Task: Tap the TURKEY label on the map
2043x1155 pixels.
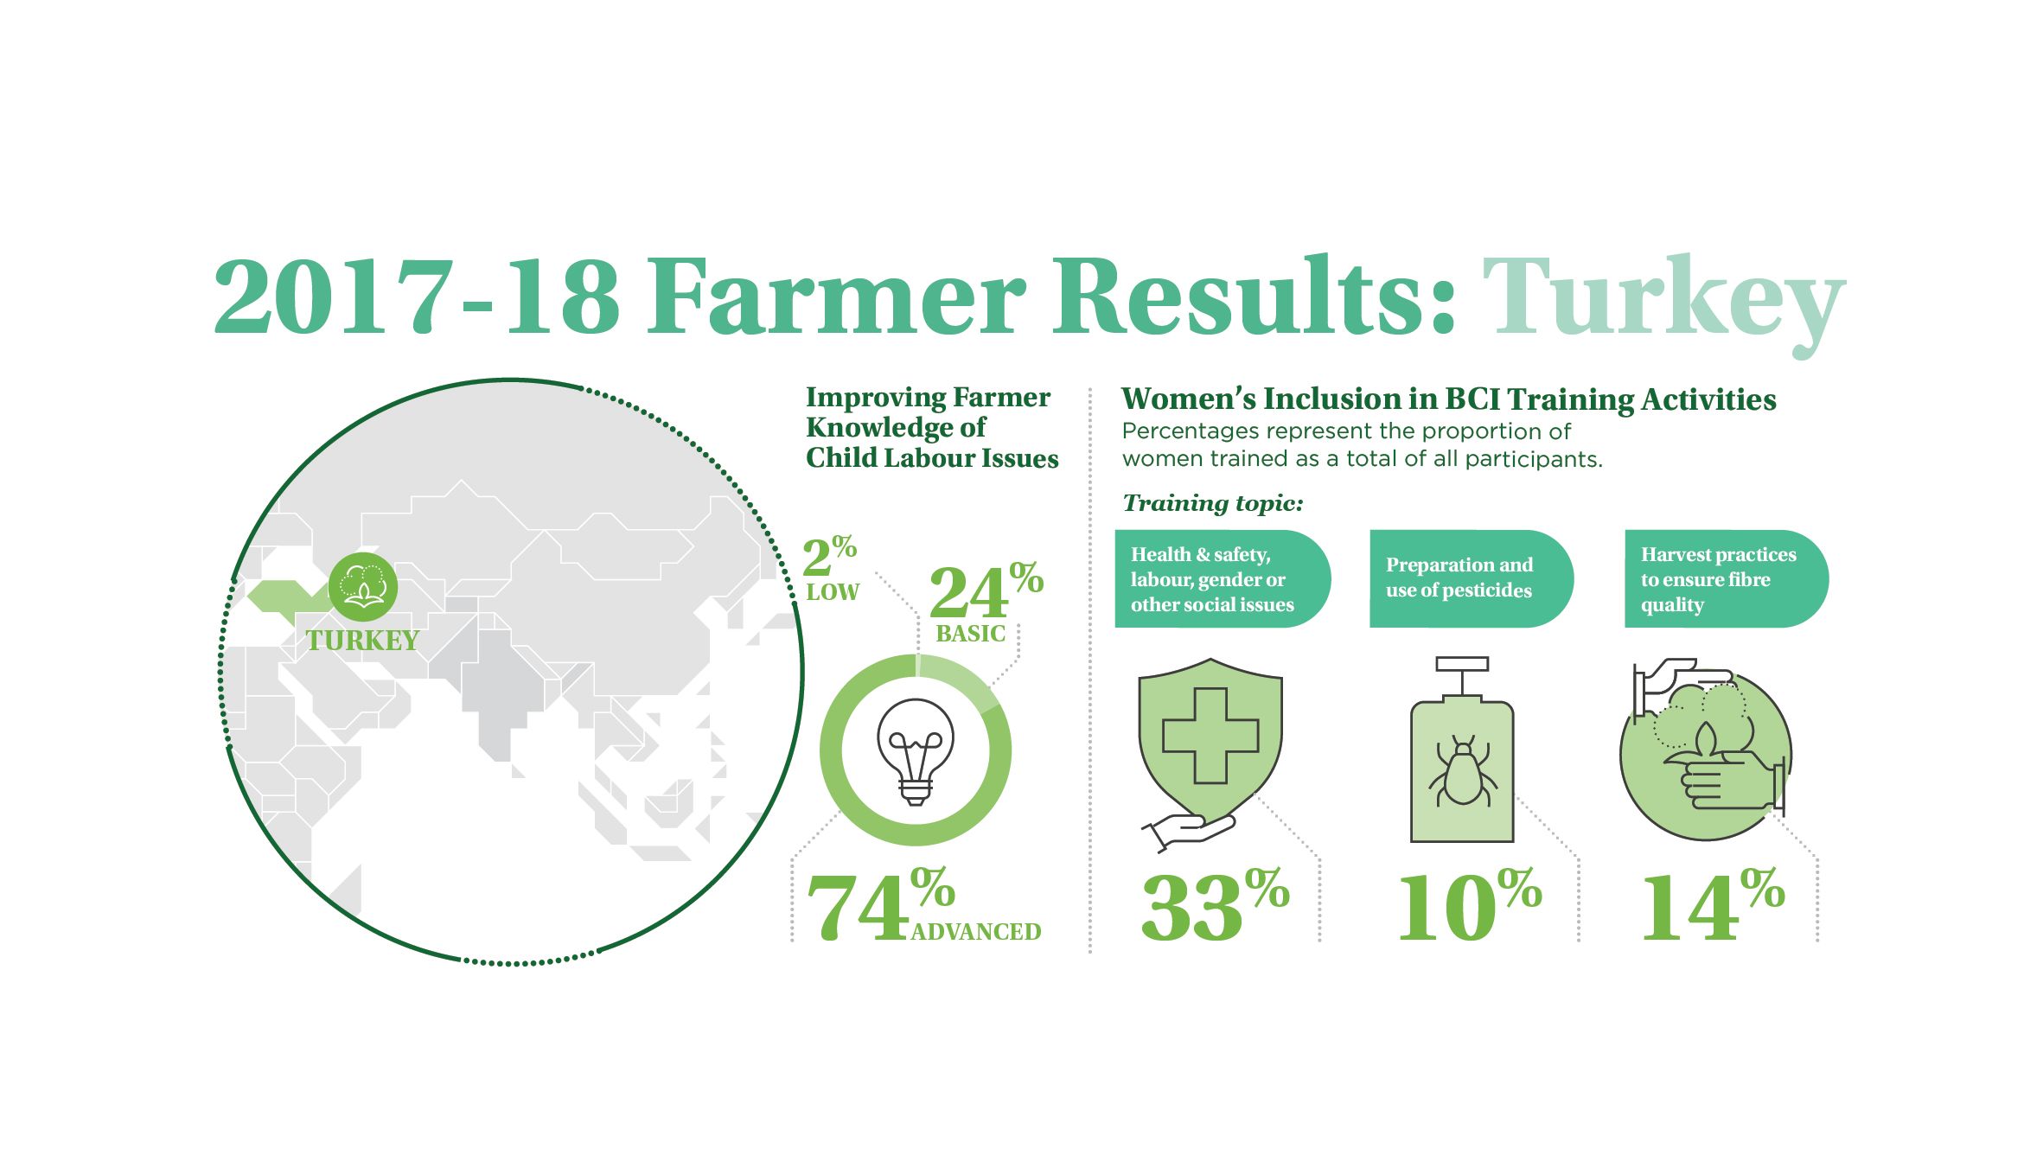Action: coord(362,641)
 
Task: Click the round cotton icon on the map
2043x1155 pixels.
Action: coord(363,586)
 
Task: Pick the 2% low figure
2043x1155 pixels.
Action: coord(831,568)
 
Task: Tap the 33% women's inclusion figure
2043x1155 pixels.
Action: coord(1215,905)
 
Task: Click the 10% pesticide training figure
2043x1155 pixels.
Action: coord(1470,905)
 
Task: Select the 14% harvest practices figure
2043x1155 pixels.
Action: coord(1713,905)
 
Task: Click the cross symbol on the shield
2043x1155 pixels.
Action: coord(1210,736)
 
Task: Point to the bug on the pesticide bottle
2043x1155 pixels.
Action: coord(1462,771)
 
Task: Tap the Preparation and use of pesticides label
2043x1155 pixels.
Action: coord(1459,577)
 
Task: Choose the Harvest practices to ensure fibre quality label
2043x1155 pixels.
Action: coord(1719,579)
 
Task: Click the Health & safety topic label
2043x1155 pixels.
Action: coord(1213,579)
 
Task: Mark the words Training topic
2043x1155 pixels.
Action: coord(1212,503)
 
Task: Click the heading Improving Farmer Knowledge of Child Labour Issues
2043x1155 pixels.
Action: coord(932,427)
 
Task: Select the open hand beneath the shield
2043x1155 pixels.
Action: coord(1189,832)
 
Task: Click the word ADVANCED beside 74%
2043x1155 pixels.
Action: coord(976,931)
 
